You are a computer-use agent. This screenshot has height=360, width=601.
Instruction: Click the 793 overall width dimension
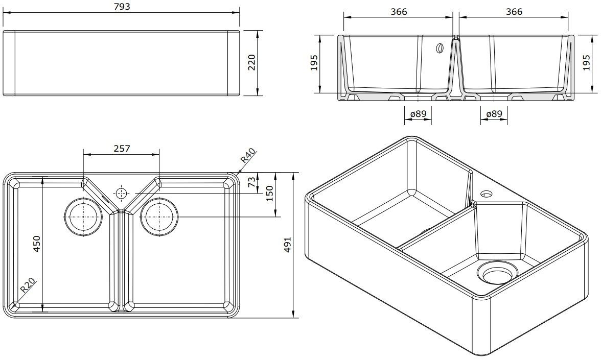click(x=122, y=7)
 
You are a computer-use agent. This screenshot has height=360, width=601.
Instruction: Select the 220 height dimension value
click(x=251, y=63)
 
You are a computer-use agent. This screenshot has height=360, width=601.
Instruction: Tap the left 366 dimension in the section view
click(x=398, y=11)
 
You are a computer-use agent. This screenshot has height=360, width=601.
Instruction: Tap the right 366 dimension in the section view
click(x=514, y=11)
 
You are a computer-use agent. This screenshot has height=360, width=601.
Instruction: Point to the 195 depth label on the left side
click(x=314, y=63)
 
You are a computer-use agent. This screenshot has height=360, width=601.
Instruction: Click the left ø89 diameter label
click(x=418, y=114)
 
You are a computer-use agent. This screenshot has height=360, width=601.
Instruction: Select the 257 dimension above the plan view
click(x=122, y=149)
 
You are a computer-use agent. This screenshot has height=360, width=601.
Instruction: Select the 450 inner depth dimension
click(x=36, y=245)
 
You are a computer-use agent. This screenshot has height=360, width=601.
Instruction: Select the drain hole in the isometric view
click(x=497, y=273)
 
